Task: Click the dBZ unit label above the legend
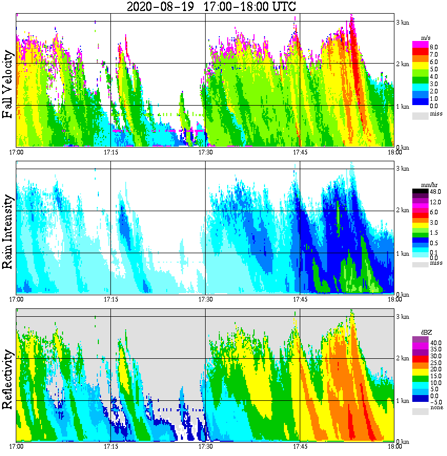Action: (424, 332)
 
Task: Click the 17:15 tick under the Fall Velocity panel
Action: (110, 152)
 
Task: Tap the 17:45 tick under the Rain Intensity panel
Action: (300, 299)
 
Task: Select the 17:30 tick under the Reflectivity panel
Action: (205, 447)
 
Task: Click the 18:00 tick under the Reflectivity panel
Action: (394, 447)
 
